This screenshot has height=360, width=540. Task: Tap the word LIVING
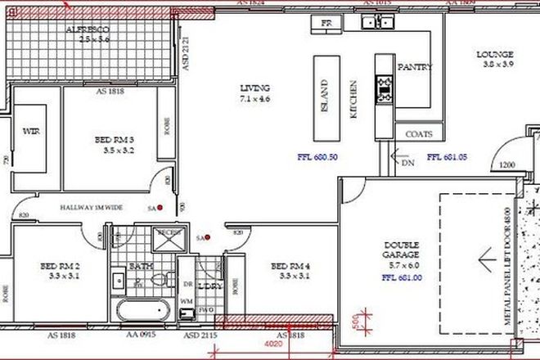tap(254, 88)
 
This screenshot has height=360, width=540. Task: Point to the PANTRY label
tap(414, 67)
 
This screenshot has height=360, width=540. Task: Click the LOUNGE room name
tap(496, 56)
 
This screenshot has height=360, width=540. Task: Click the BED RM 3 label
tap(114, 140)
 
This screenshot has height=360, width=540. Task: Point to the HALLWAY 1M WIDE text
tap(91, 208)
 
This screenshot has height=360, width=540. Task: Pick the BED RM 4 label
tap(290, 266)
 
